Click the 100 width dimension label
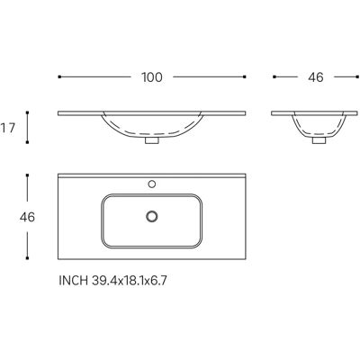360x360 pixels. [x=152, y=77]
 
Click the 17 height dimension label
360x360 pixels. [x=7, y=129]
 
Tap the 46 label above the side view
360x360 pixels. [x=316, y=77]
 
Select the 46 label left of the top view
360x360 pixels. [x=27, y=217]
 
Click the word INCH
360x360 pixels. [x=74, y=281]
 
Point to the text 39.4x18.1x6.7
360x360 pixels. [x=129, y=281]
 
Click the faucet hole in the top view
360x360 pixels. [x=152, y=184]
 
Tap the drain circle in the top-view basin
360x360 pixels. [x=152, y=216]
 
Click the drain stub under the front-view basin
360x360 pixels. [x=152, y=140]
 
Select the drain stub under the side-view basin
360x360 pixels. [x=319, y=140]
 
